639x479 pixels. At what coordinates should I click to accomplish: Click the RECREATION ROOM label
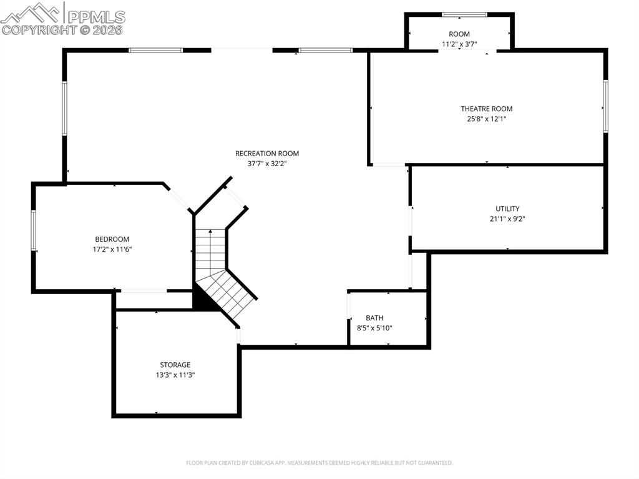pyautogui.click(x=266, y=153)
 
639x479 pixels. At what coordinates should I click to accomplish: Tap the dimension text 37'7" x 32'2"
pyautogui.click(x=266, y=164)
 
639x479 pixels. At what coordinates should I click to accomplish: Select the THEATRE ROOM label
pyautogui.click(x=486, y=109)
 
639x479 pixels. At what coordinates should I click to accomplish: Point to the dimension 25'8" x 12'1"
pyautogui.click(x=486, y=119)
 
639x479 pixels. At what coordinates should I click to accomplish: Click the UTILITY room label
pyautogui.click(x=507, y=209)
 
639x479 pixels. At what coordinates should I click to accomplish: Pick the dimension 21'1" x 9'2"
pyautogui.click(x=507, y=219)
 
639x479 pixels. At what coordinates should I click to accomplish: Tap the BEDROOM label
pyautogui.click(x=112, y=239)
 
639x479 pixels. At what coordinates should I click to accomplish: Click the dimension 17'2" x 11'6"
pyautogui.click(x=112, y=249)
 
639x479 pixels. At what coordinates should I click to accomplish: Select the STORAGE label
pyautogui.click(x=175, y=365)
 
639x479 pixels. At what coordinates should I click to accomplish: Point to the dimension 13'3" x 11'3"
pyautogui.click(x=175, y=375)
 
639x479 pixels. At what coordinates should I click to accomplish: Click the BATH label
pyautogui.click(x=374, y=318)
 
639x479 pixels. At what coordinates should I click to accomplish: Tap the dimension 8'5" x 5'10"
pyautogui.click(x=374, y=328)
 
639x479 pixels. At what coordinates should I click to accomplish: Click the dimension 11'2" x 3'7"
pyautogui.click(x=459, y=44)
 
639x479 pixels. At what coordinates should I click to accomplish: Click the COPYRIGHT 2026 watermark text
pyautogui.click(x=62, y=29)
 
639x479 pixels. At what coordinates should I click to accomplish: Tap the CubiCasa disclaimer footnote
pyautogui.click(x=319, y=463)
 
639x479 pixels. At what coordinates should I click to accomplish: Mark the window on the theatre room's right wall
pyautogui.click(x=605, y=106)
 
